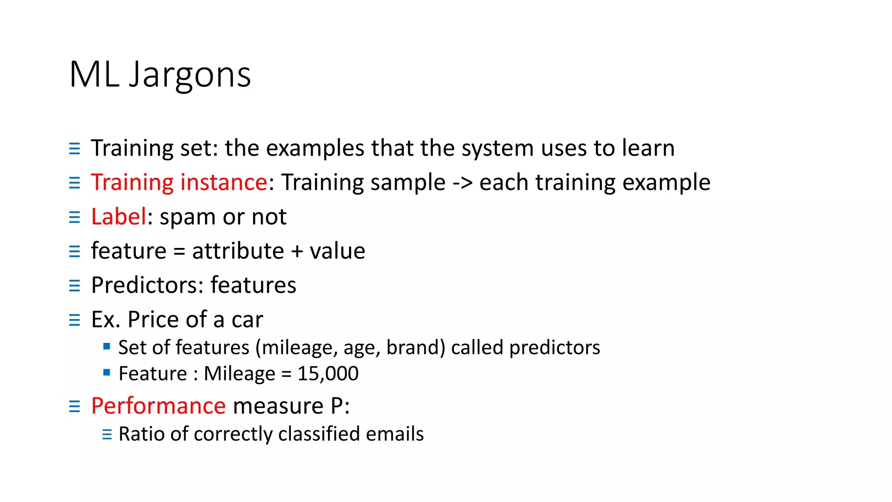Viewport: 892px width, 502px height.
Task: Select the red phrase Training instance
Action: point(179,182)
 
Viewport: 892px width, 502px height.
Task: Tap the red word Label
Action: point(118,217)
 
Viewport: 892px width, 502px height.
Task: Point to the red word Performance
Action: point(159,406)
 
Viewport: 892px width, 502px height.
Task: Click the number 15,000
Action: point(328,374)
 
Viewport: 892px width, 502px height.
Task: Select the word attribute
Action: point(238,251)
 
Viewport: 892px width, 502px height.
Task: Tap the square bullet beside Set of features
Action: point(107,347)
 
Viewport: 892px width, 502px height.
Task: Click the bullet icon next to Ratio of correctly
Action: point(107,434)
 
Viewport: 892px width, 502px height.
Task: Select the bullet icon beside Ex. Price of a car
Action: point(74,320)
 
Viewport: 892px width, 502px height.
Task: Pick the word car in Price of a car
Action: point(247,320)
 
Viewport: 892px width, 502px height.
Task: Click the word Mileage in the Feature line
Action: point(240,374)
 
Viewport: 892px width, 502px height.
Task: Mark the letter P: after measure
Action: point(340,406)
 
